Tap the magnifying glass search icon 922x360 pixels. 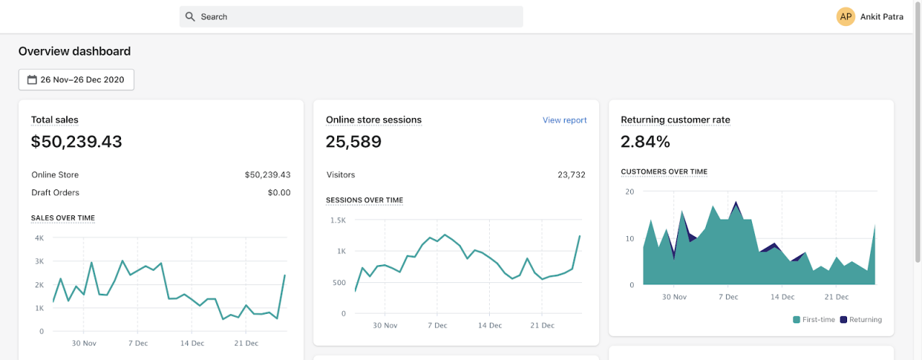click(x=190, y=17)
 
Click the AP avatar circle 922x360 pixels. click(x=846, y=17)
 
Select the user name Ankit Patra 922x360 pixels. click(x=882, y=17)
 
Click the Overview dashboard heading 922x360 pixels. click(x=75, y=51)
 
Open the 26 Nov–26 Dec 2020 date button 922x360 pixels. click(x=76, y=80)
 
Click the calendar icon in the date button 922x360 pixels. click(x=32, y=80)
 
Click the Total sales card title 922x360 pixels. click(x=55, y=120)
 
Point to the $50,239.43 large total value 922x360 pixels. click(x=76, y=142)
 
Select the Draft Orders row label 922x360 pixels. click(x=55, y=192)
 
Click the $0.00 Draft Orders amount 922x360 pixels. click(x=279, y=192)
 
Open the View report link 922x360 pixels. click(x=564, y=120)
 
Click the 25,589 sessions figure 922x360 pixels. click(x=354, y=142)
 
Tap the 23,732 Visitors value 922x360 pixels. click(x=571, y=174)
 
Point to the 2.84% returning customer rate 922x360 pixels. click(x=645, y=142)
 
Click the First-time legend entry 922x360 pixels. click(x=814, y=320)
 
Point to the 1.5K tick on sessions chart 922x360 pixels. click(x=338, y=220)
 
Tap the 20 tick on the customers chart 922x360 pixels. click(x=630, y=192)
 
